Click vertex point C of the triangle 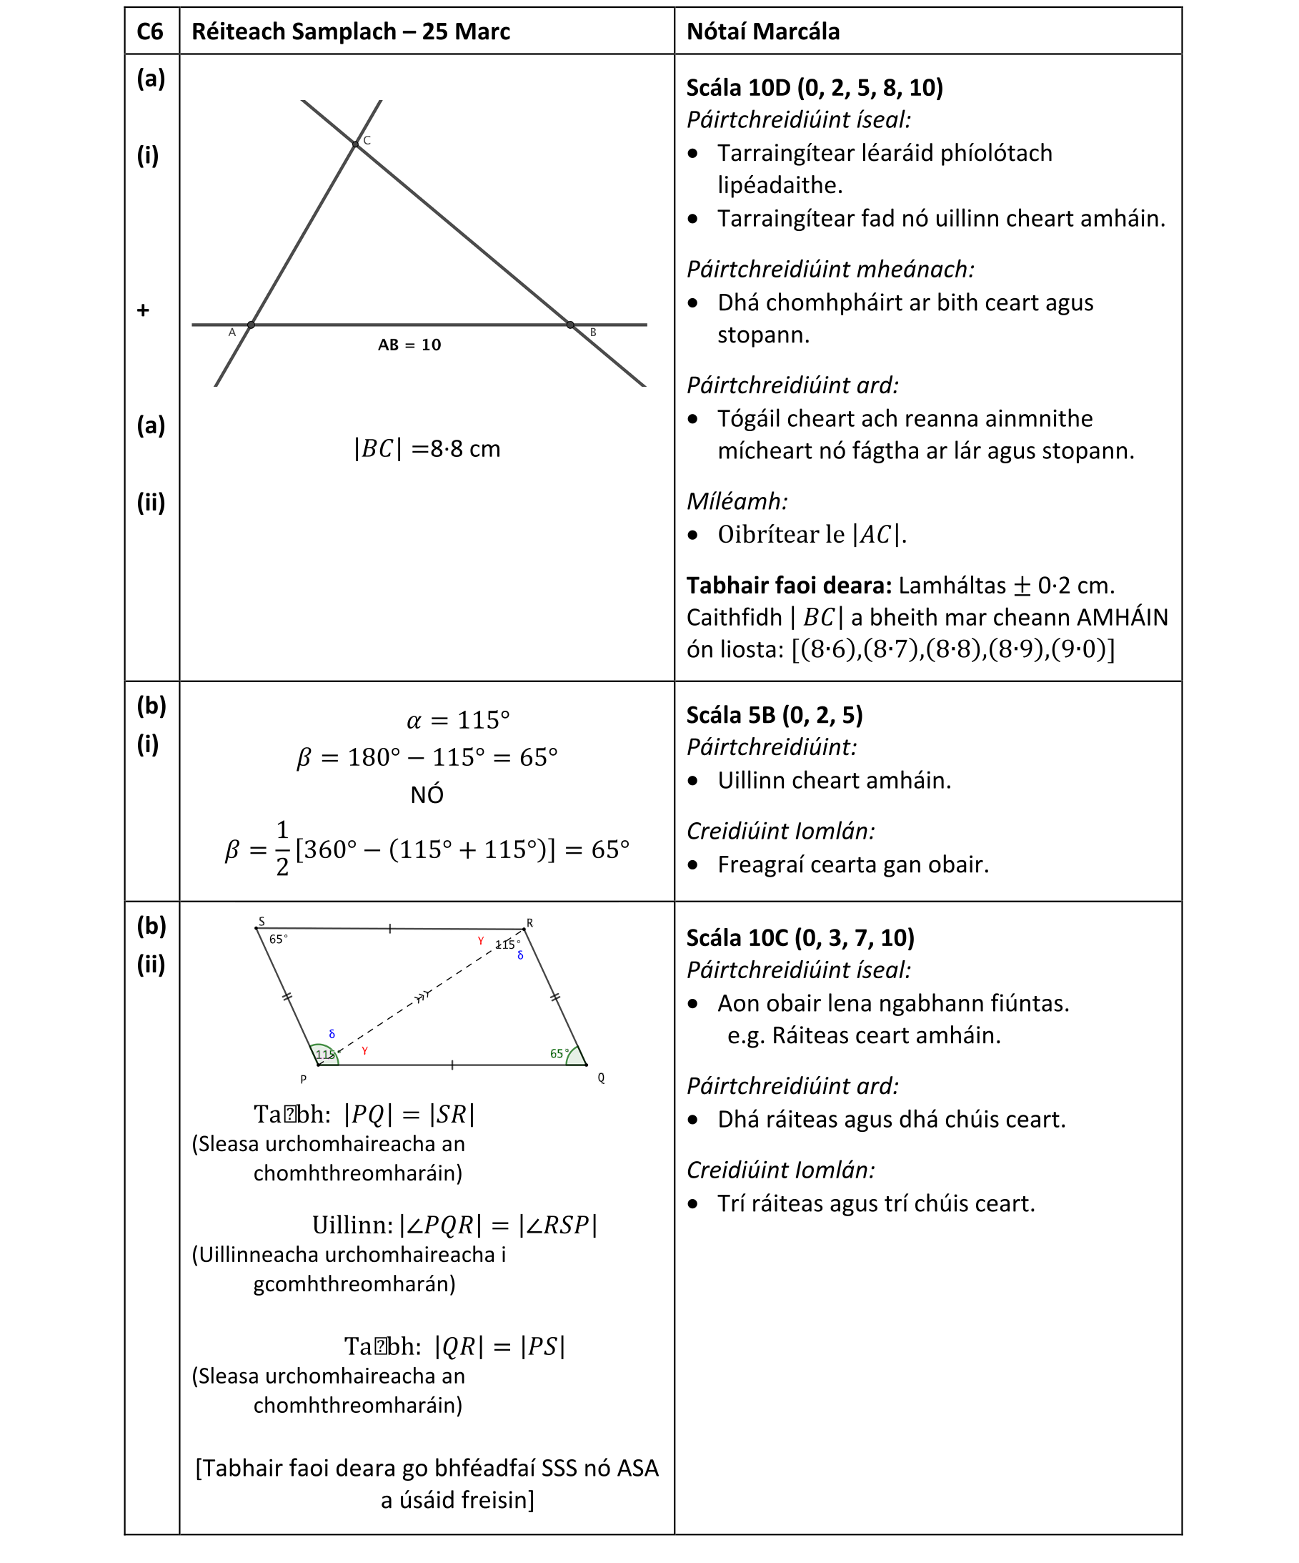pos(356,144)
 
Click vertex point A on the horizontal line pos(252,325)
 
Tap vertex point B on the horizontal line pos(571,325)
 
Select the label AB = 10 pos(409,345)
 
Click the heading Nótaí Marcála pos(762,31)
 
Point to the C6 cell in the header pos(150,31)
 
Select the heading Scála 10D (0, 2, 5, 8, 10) pos(814,88)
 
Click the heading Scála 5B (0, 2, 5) pos(774,715)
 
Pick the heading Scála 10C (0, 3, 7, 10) pos(800,938)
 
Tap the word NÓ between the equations pos(427,795)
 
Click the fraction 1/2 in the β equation pos(282,849)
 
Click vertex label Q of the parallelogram pos(601,1078)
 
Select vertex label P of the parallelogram pos(304,1079)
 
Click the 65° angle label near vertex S pos(278,940)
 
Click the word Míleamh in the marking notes pos(737,502)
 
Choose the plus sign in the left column pos(144,310)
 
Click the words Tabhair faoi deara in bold pos(789,586)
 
